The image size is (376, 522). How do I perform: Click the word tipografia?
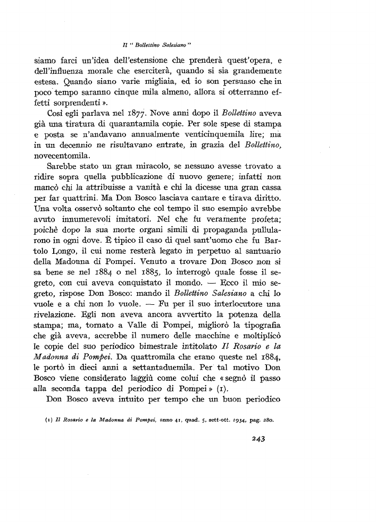point(262,347)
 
